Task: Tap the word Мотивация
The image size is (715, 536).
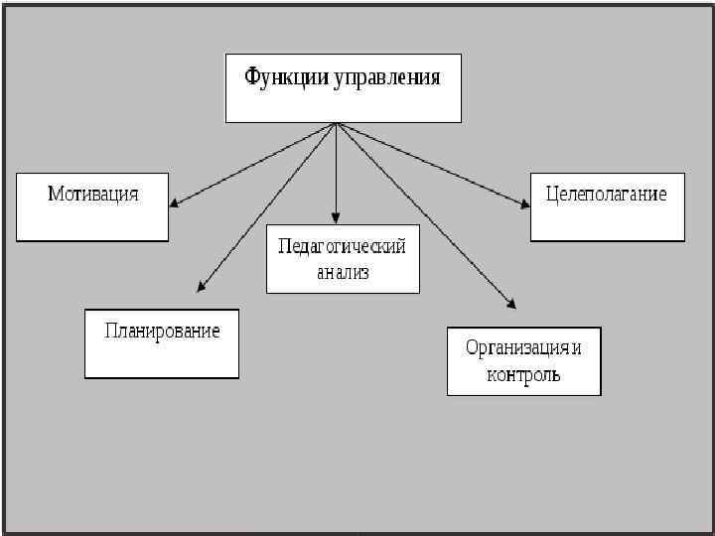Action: coord(93,194)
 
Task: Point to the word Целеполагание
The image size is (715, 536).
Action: coord(606,194)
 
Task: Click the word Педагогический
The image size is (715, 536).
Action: coord(342,246)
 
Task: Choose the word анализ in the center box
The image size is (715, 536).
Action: coord(343,272)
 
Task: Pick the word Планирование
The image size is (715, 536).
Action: coord(162,331)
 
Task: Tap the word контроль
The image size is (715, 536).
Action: coord(523,375)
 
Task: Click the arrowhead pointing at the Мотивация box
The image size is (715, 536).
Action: coord(174,203)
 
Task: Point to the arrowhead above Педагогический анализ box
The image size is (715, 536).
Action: coord(337,217)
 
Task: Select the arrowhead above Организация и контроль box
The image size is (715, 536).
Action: coord(511,304)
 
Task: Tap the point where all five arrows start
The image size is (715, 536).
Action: coord(337,123)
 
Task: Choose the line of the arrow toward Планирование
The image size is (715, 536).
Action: coord(268,205)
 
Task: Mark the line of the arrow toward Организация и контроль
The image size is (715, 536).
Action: coord(425,214)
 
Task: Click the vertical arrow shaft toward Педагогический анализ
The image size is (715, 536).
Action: coord(337,169)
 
